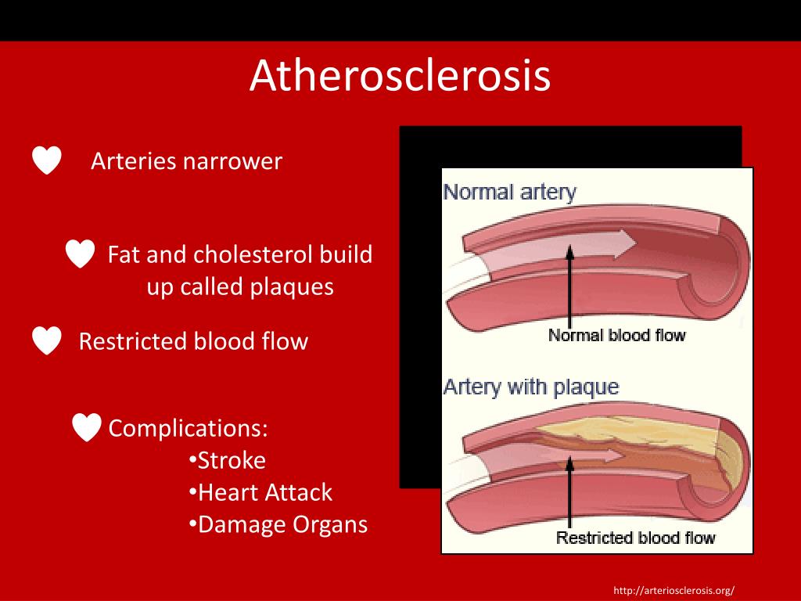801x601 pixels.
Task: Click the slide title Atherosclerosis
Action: point(400,77)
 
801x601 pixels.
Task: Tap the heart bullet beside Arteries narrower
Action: point(47,160)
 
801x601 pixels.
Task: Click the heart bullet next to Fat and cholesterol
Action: point(80,254)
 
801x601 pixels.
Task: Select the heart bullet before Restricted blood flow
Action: point(47,341)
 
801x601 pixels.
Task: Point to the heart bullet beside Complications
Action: point(86,427)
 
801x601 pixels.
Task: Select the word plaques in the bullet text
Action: point(292,286)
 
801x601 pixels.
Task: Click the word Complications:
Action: point(189,428)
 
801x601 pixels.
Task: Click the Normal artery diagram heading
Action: point(510,192)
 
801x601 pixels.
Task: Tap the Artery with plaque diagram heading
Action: point(531,387)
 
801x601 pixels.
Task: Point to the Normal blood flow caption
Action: point(616,335)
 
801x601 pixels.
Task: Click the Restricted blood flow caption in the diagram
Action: point(635,538)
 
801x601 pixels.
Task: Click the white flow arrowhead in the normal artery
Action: point(627,244)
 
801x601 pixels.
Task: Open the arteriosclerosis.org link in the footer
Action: point(674,590)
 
